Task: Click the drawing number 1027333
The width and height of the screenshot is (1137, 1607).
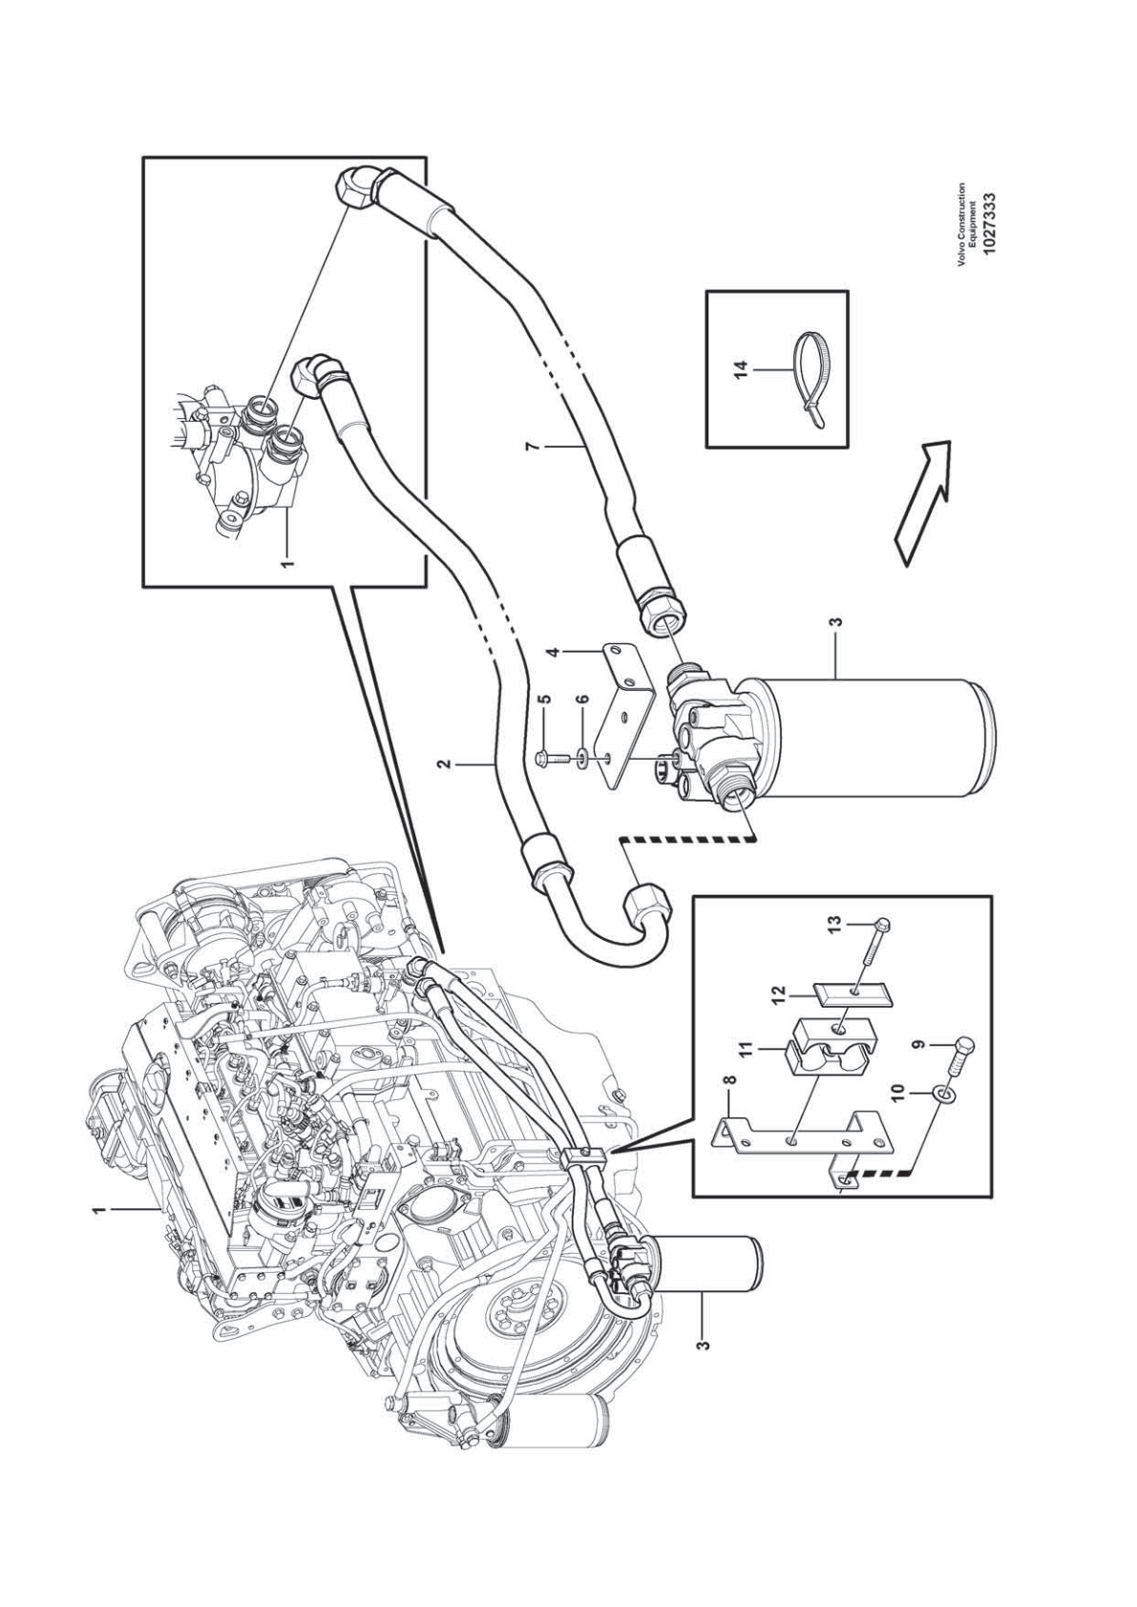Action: [988, 221]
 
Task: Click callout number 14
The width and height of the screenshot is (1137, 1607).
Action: [743, 368]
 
